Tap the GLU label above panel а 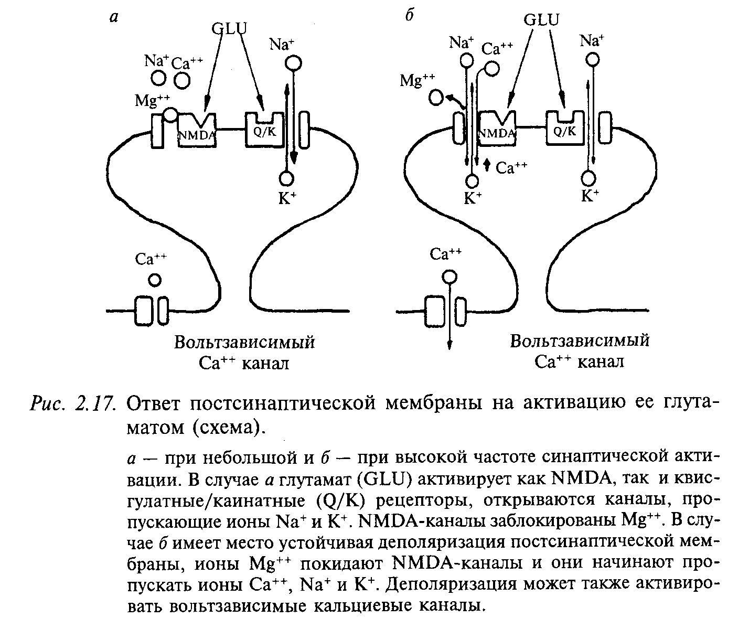[x=229, y=27]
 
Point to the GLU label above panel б [x=541, y=20]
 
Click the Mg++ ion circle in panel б [x=435, y=98]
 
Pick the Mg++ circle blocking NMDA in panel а [x=170, y=114]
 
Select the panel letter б [x=410, y=16]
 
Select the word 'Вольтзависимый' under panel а [x=245, y=343]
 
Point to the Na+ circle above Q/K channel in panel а [x=293, y=63]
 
